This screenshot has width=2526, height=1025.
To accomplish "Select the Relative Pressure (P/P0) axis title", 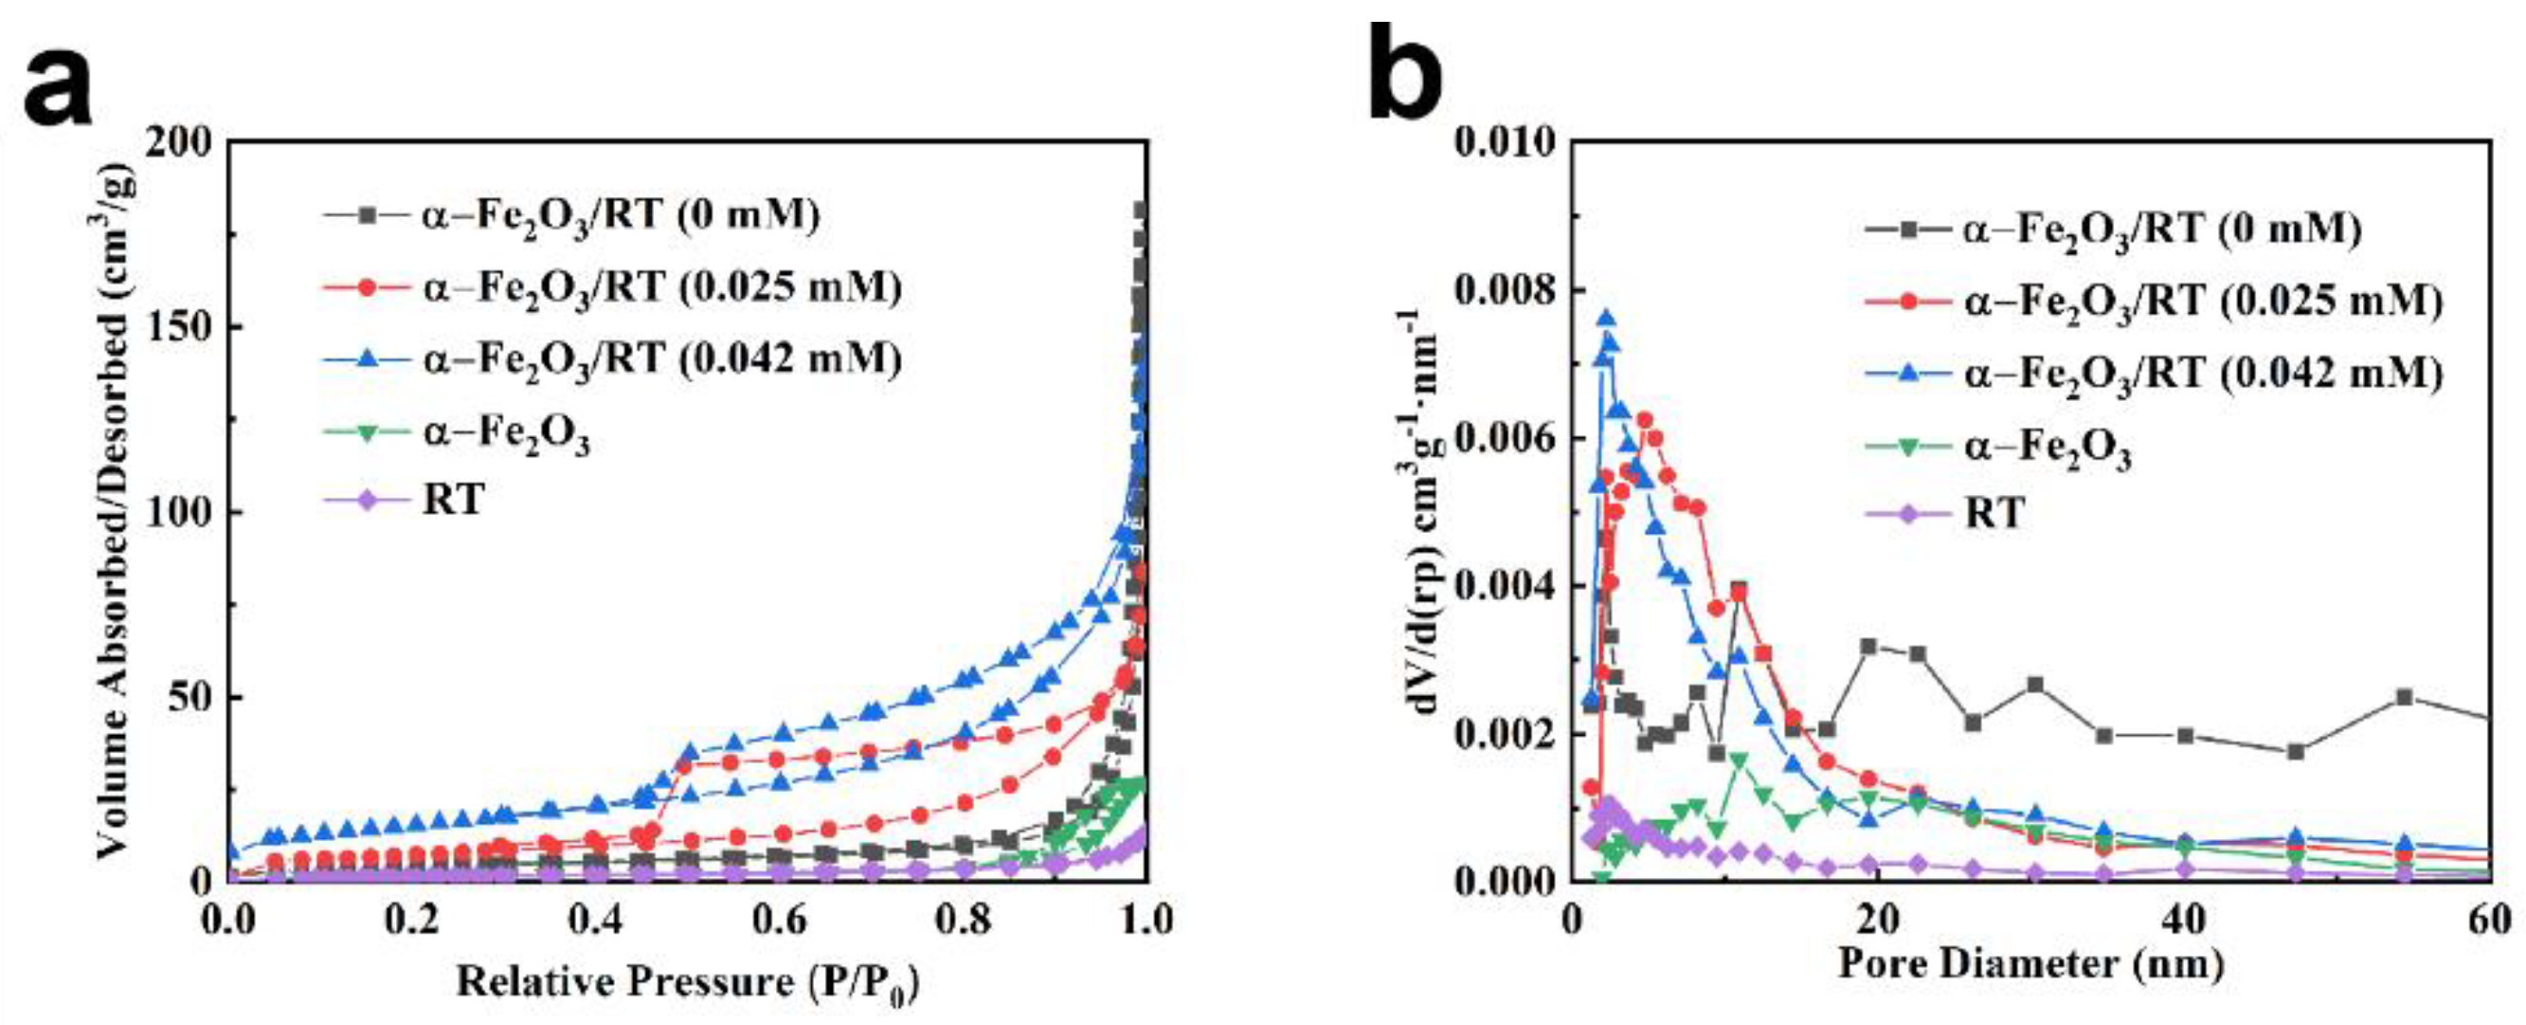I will (x=687, y=983).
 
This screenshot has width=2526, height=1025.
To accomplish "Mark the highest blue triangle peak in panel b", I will (x=1606, y=319).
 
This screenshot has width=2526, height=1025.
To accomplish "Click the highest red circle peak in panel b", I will (x=1645, y=420).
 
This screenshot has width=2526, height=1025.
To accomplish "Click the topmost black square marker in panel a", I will (x=1141, y=210).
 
